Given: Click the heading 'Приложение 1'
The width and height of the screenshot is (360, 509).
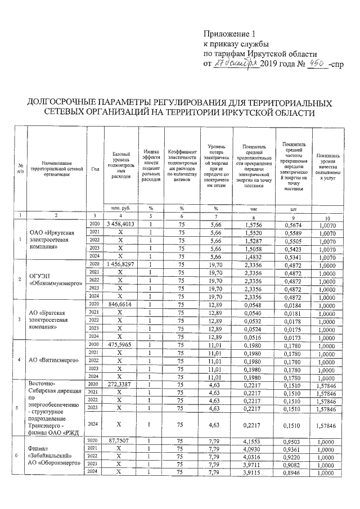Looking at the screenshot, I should point(229,33).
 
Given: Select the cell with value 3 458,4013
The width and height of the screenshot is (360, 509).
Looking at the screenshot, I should point(120,224).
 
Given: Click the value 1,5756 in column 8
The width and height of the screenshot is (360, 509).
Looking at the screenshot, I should point(253,224).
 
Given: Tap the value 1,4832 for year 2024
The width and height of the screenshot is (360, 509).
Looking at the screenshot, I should point(253,255).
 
